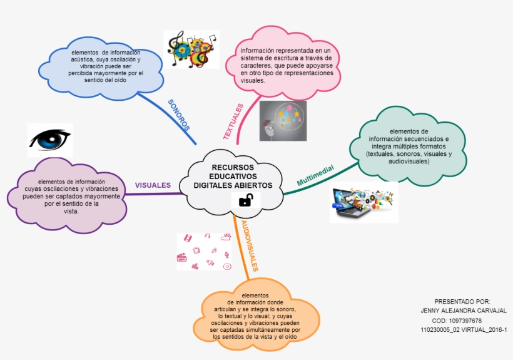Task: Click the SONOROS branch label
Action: click(x=179, y=115)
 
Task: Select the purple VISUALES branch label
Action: click(x=153, y=185)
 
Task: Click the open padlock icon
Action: click(x=246, y=200)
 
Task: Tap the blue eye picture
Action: click(x=50, y=140)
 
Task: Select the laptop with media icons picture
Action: click(x=363, y=202)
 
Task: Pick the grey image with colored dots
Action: click(x=283, y=121)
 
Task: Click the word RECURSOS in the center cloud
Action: click(x=233, y=168)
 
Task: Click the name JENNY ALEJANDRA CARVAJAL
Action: click(x=464, y=311)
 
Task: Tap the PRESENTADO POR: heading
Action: click(x=462, y=301)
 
